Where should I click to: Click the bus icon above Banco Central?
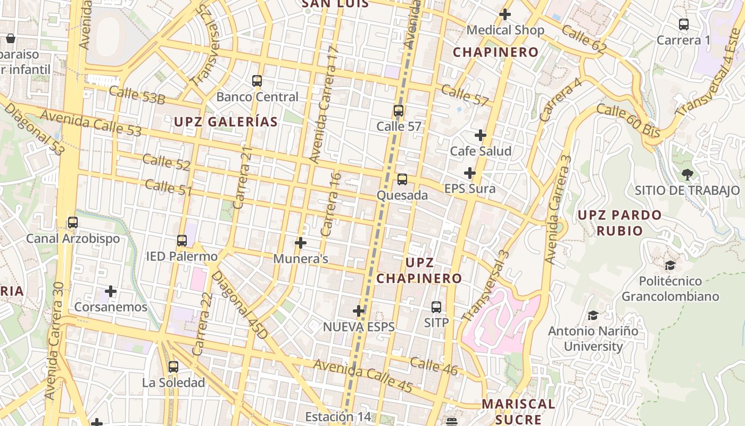click(257, 81)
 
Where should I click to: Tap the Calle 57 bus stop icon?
click(398, 111)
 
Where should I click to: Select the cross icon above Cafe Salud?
click(481, 135)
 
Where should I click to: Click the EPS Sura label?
click(470, 189)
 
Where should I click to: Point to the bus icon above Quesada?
click(402, 179)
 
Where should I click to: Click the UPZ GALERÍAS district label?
click(226, 122)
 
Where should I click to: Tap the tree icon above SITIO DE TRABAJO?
click(687, 174)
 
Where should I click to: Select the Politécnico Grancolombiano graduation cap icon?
click(670, 265)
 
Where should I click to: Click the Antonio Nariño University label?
click(593, 339)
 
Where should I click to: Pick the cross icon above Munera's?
click(301, 243)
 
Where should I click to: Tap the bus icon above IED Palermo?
click(182, 241)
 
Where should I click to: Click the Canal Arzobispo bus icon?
click(73, 223)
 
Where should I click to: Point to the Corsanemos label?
click(111, 307)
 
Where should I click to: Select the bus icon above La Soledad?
click(173, 367)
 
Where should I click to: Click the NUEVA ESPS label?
click(359, 327)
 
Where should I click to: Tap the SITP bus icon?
click(436, 307)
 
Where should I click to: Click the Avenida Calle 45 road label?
click(363, 376)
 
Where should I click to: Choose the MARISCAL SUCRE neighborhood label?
click(518, 412)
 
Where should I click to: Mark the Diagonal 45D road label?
click(239, 304)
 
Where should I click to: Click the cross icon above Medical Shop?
click(505, 14)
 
